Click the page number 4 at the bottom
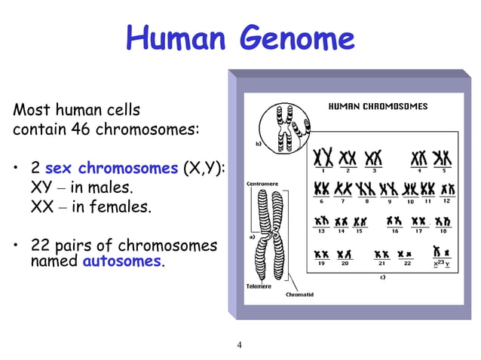pyautogui.click(x=240, y=346)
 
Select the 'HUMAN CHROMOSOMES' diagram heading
pyautogui.click(x=377, y=106)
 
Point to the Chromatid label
pyautogui.click(x=299, y=294)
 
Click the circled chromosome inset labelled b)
pyautogui.click(x=284, y=127)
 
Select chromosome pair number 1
pyautogui.click(x=323, y=157)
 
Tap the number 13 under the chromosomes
pyautogui.click(x=321, y=231)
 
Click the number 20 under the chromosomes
pyautogui.click(x=345, y=264)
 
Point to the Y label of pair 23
pyautogui.click(x=448, y=264)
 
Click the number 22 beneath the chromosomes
pyautogui.click(x=407, y=264)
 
